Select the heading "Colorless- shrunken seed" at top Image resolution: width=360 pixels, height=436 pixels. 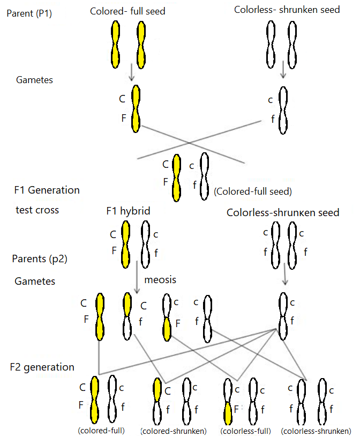pyautogui.click(x=287, y=10)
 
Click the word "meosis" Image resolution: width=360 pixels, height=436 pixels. pyautogui.click(x=160, y=279)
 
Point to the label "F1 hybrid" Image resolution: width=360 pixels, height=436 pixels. pyautogui.click(x=128, y=211)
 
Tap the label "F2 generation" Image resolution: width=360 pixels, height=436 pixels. pyautogui.click(x=42, y=367)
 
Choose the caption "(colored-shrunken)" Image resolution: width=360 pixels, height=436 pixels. pyautogui.click(x=173, y=431)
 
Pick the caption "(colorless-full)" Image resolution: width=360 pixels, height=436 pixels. pyautogui.click(x=245, y=431)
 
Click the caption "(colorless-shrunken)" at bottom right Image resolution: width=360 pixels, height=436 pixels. pyautogui.click(x=316, y=431)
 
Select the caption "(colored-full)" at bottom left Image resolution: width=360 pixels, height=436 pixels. pyautogui.click(x=101, y=430)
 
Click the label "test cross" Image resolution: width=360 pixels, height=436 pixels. pyautogui.click(x=37, y=210)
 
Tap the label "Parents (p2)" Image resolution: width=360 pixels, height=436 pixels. pyautogui.click(x=39, y=259)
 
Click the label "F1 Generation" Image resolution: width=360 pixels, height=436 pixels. pyautogui.click(x=47, y=190)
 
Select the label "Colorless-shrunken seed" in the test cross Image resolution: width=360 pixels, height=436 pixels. pyautogui.click(x=282, y=212)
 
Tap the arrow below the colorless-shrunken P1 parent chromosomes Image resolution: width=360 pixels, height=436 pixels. pyautogui.click(x=283, y=69)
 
